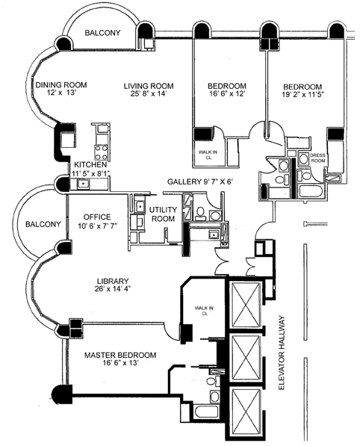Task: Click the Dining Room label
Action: click(x=60, y=84)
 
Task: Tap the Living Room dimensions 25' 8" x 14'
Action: click(x=148, y=93)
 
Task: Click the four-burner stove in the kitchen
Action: click(x=102, y=152)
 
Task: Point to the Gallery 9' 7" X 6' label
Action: click(x=200, y=182)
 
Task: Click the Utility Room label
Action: click(x=163, y=214)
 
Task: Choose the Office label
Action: click(x=97, y=217)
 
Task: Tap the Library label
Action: click(x=112, y=281)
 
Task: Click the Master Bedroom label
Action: click(x=120, y=355)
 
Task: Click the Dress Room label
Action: click(x=317, y=158)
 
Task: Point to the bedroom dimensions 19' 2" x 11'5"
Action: click(x=303, y=94)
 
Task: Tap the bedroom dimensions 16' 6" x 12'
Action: click(x=227, y=93)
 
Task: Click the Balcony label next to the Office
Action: click(x=43, y=224)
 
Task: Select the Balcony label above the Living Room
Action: click(x=102, y=33)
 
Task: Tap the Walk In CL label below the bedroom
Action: click(x=208, y=155)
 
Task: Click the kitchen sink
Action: click(x=83, y=184)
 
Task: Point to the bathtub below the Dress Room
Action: click(x=311, y=191)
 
